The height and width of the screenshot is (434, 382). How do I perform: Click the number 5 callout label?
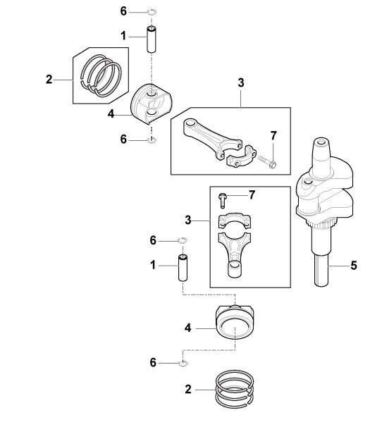coord(354,266)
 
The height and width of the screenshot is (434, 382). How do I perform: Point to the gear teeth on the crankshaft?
coord(322,223)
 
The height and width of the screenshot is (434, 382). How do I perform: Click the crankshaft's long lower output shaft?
coord(321,268)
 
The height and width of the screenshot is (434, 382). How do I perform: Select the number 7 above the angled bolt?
coord(273,135)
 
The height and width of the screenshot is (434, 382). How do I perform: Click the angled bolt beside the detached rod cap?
coord(267,162)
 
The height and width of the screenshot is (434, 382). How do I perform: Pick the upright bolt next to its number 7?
coord(222,200)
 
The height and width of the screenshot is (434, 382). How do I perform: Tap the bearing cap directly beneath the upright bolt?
coord(235,221)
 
